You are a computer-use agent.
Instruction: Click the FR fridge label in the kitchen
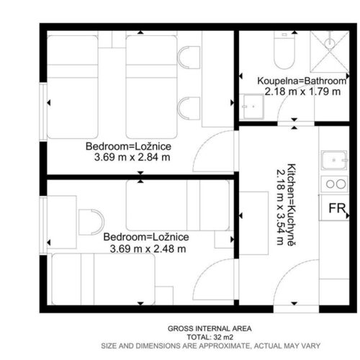tap(337, 208)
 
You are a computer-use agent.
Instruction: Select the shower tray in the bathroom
tap(329, 52)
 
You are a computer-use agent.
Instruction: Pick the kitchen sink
tap(334, 160)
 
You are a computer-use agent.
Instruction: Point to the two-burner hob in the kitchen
tap(334, 184)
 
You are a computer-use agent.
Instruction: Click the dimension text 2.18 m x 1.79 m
tap(302, 91)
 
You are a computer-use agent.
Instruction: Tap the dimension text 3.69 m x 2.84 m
tap(132, 158)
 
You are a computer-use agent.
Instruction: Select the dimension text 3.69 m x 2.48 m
tap(148, 248)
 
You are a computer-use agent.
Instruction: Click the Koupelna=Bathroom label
tap(302, 81)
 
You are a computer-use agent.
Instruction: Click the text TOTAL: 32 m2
tap(210, 337)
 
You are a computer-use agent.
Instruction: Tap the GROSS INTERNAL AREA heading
tap(210, 328)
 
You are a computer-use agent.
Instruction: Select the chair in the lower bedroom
tap(91, 222)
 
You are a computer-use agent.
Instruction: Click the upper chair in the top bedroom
tap(189, 58)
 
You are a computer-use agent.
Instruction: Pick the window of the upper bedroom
tap(43, 112)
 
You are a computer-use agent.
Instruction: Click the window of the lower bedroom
tap(43, 225)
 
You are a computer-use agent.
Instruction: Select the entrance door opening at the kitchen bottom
tap(296, 309)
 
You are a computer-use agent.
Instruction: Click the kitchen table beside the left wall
tap(253, 223)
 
